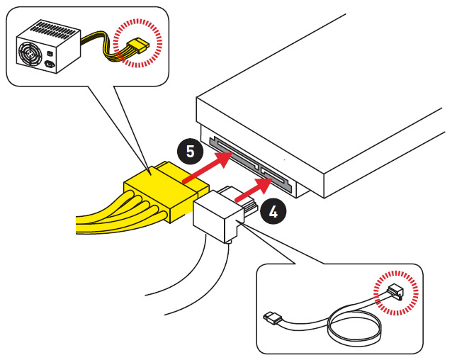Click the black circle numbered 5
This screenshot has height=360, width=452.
click(x=189, y=151)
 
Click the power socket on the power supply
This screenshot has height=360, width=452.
click(x=52, y=67)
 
